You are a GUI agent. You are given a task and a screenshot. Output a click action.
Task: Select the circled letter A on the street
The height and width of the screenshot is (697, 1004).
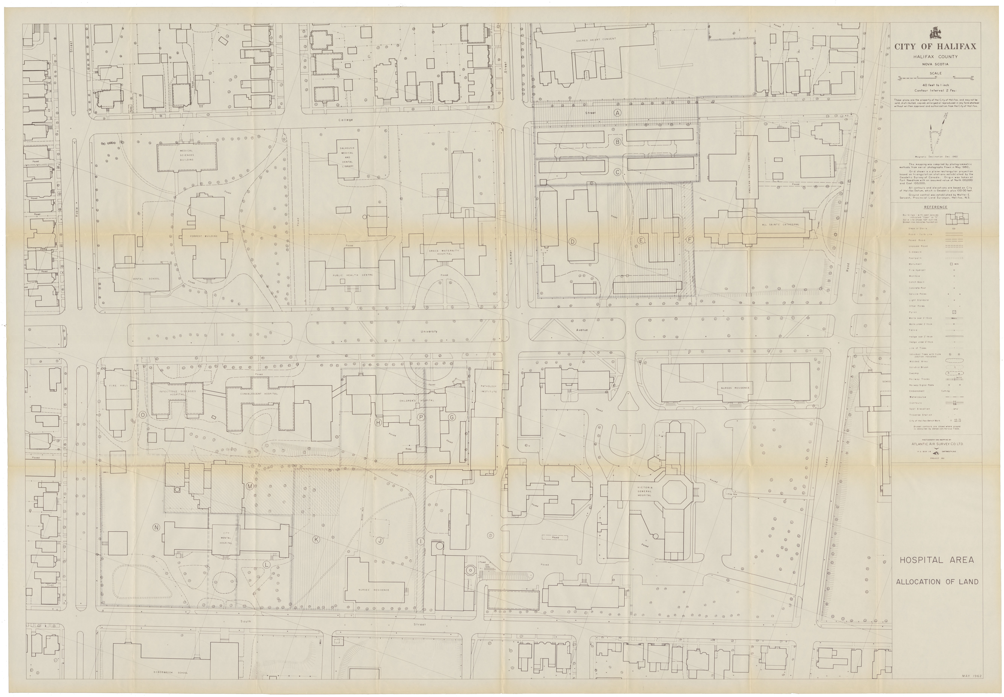point(617,113)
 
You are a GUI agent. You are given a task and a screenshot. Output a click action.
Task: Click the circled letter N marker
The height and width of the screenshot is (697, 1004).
point(156,528)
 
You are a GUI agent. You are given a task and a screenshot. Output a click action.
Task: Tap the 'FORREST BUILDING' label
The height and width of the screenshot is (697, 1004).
point(203,236)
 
